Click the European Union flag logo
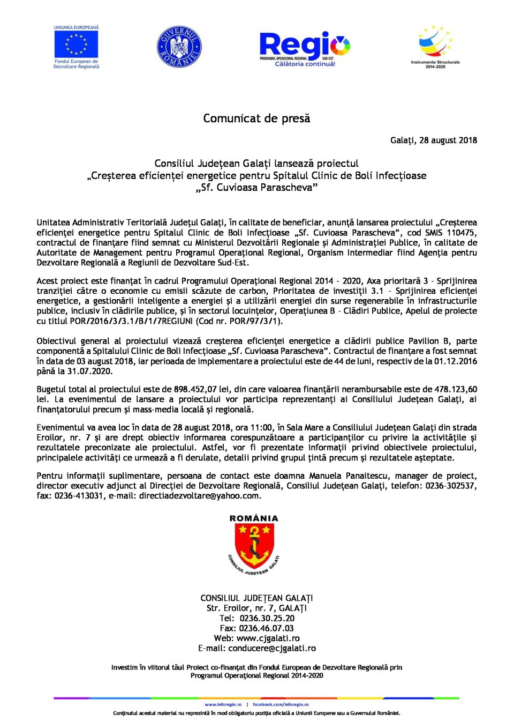coord(76,43)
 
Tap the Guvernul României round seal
coord(179,47)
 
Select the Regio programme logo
coord(304,47)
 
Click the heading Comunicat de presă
coord(256,118)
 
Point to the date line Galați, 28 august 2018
coord(433,140)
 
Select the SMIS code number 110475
coord(462,233)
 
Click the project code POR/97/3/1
coord(257,321)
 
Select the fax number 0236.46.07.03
coord(266,628)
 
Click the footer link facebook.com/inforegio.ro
coord(281,704)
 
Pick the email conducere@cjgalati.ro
coord(271,648)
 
